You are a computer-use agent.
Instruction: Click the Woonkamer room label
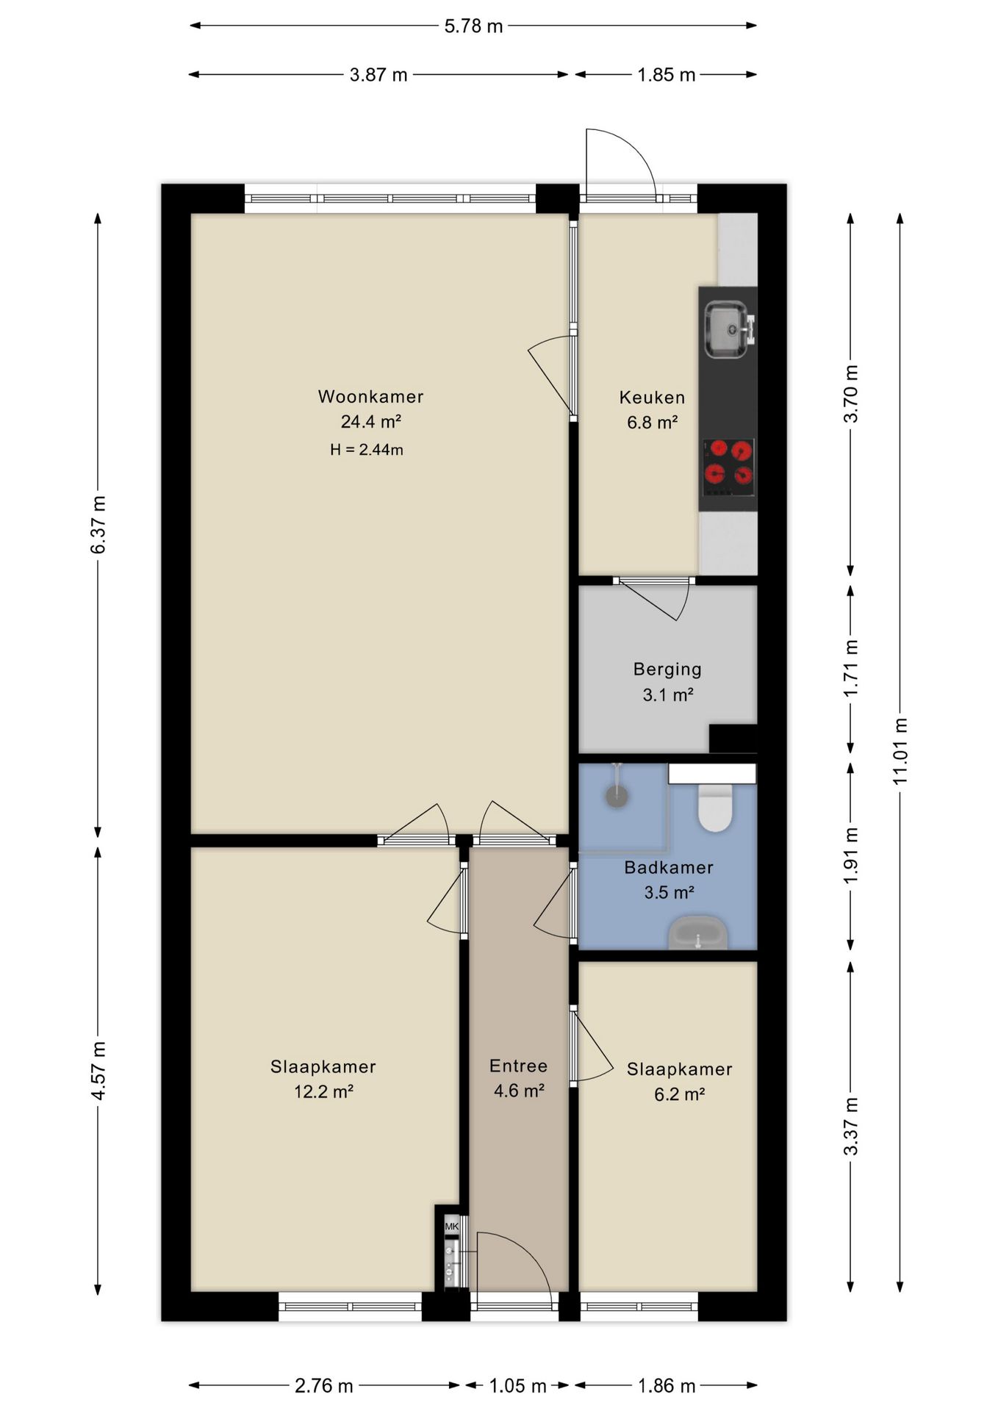point(370,397)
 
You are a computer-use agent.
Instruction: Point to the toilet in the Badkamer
point(715,806)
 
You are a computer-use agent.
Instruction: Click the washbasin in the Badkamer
point(697,933)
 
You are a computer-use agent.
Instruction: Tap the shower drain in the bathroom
point(616,796)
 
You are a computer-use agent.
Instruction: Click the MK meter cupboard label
point(451,1227)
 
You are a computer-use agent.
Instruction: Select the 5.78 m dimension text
point(473,26)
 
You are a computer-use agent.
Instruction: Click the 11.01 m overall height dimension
point(900,750)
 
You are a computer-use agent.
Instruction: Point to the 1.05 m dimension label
point(517,1386)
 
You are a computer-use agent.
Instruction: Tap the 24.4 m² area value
point(370,422)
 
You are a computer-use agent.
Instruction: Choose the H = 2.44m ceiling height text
point(367,450)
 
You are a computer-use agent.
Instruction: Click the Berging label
point(667,669)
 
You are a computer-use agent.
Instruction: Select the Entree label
point(518,1066)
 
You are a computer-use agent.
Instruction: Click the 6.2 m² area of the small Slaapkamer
point(679,1095)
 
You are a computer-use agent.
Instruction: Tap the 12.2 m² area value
point(323,1092)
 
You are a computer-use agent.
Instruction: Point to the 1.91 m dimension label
point(851,856)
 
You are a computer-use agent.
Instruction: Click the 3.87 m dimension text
point(378,75)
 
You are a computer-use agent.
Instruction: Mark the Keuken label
point(652,398)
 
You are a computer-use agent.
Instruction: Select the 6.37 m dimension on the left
point(98,525)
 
